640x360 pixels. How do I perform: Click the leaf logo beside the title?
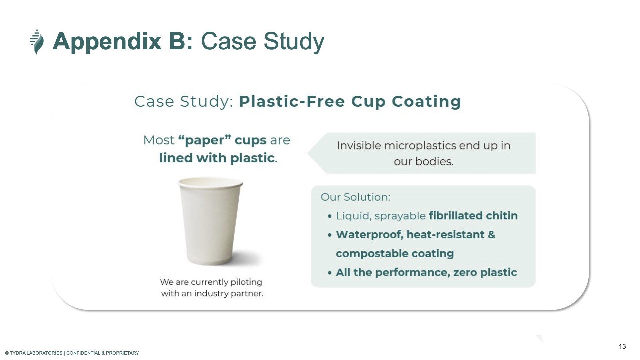pyautogui.click(x=37, y=42)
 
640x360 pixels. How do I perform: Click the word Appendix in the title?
pyautogui.click(x=107, y=42)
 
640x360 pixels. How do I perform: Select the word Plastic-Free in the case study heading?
pyautogui.click(x=292, y=101)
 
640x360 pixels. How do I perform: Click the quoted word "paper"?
pyautogui.click(x=204, y=140)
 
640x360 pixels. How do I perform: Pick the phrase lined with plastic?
pyautogui.click(x=217, y=158)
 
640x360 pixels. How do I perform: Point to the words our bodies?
pyautogui.click(x=424, y=162)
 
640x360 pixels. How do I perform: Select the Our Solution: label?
pyautogui.click(x=355, y=197)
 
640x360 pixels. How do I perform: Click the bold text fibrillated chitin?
pyautogui.click(x=473, y=216)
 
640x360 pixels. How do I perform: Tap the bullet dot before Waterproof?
pyautogui.click(x=330, y=235)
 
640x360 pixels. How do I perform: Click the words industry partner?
pyautogui.click(x=229, y=293)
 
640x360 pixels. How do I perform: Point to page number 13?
pyautogui.click(x=622, y=346)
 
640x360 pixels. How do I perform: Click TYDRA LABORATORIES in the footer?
pyautogui.click(x=36, y=353)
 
